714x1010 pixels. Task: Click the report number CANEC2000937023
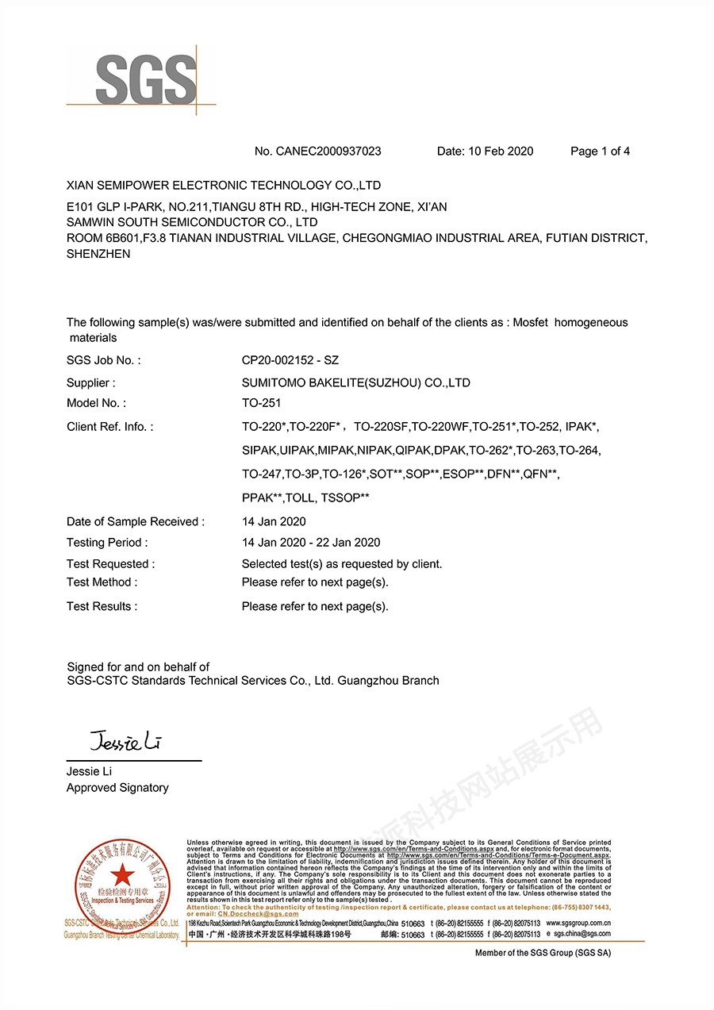(x=328, y=152)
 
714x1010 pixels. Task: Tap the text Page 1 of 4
(x=600, y=152)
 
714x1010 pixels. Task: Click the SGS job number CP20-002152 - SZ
(x=290, y=360)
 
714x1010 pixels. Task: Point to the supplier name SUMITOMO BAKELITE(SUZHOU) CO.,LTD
(x=356, y=382)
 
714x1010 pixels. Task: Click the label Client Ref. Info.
(x=110, y=427)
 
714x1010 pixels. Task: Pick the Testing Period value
(x=311, y=543)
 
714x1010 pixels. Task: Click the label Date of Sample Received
(x=136, y=521)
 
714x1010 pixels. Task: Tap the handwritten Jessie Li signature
(x=126, y=743)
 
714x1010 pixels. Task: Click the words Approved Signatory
(x=117, y=788)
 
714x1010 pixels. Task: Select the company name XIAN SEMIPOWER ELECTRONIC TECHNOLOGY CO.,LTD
(x=224, y=186)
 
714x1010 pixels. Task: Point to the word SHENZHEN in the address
(x=98, y=254)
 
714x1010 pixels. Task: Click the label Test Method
(x=102, y=582)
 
